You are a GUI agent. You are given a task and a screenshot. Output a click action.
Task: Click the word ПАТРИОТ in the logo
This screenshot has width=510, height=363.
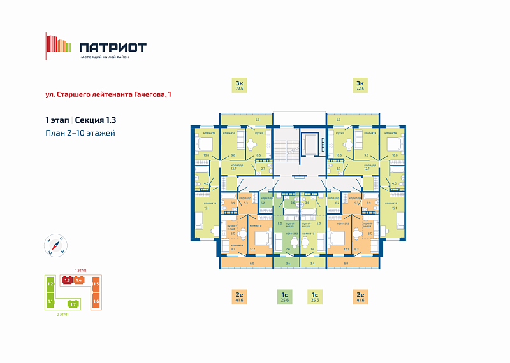pos(113,47)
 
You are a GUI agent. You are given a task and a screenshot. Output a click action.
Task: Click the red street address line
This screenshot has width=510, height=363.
pos(108,94)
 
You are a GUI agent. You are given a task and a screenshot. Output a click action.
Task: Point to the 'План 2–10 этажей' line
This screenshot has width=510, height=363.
pos(80,133)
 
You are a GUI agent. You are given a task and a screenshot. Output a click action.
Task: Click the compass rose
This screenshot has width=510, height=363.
pos(55,245)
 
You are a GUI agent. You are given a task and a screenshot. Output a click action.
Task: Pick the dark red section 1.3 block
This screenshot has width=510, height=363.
pos(66,280)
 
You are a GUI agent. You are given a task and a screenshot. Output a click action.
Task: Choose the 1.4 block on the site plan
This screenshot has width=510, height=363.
pos(79,280)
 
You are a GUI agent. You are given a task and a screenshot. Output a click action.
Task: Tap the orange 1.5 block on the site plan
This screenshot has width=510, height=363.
pos(96,284)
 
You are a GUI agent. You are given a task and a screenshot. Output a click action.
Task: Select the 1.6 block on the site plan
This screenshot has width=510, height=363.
pos(96,301)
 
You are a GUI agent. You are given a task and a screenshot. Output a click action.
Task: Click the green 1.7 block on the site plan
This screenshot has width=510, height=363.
pos(73,304)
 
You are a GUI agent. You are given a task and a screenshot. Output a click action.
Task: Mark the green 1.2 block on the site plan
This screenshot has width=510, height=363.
pos(49,283)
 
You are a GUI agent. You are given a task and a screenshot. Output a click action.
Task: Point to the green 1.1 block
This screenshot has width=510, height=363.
pos(49,301)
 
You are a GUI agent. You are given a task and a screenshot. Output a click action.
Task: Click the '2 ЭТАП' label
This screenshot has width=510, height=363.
pos(62,315)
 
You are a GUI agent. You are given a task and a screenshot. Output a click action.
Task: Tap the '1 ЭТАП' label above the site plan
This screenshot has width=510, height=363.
pos(81,271)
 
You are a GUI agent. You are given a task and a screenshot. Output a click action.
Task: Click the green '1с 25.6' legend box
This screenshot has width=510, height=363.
pos(284,296)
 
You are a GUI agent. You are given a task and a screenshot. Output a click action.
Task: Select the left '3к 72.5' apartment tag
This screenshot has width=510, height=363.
pos(239,85)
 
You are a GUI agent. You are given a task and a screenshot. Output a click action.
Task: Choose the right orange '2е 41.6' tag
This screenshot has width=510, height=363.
pos(360,296)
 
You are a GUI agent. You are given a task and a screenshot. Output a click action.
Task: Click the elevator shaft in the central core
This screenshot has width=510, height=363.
pos(311,143)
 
